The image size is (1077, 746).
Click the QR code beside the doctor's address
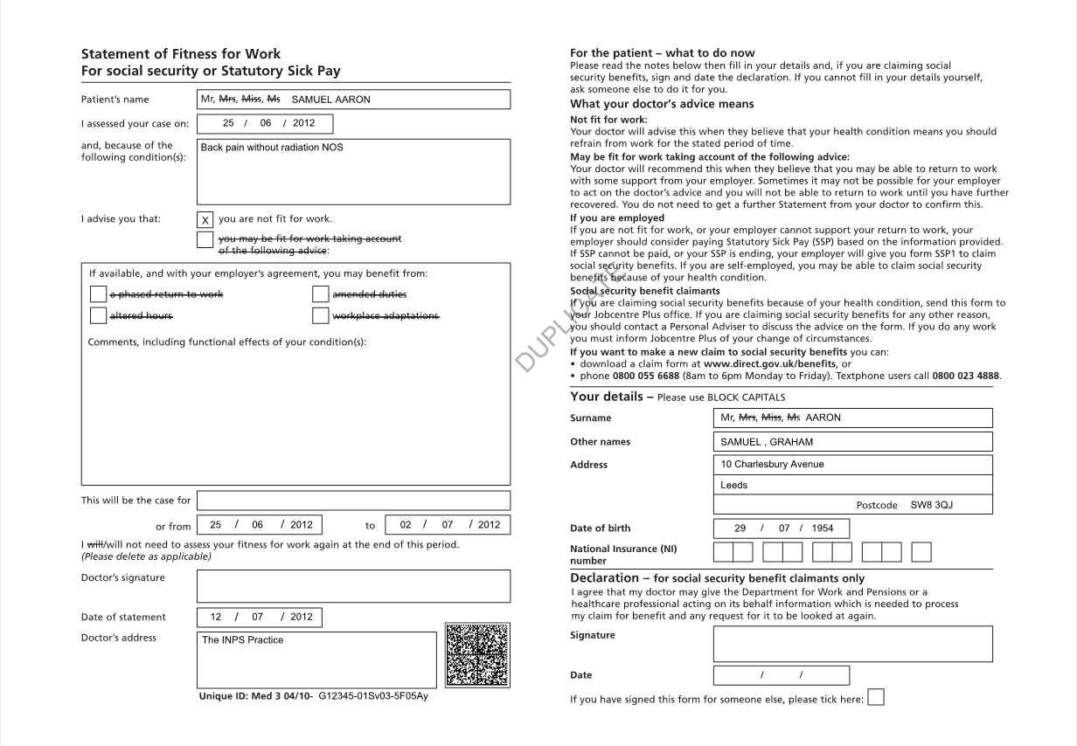click(x=476, y=655)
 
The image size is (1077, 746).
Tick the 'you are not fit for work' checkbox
click(x=205, y=219)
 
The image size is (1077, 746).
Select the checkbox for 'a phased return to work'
click(x=98, y=294)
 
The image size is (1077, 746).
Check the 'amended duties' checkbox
click(x=321, y=294)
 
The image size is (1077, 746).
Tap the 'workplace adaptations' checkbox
click(x=321, y=315)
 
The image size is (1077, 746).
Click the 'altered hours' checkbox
click(x=98, y=315)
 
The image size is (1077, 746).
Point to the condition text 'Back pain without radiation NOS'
click(x=272, y=148)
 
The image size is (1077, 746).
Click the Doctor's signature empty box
click(x=353, y=586)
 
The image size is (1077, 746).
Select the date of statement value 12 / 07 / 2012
click(x=261, y=617)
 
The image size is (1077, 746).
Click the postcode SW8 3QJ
click(x=932, y=505)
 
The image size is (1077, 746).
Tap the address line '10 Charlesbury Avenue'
click(x=772, y=465)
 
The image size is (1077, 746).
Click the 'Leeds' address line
click(x=734, y=485)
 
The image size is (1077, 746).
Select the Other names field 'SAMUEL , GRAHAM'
click(x=767, y=442)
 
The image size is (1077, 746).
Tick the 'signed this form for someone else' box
click(x=875, y=697)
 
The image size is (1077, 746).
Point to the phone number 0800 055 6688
click(x=646, y=376)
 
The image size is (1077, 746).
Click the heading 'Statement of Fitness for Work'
click(x=181, y=54)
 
